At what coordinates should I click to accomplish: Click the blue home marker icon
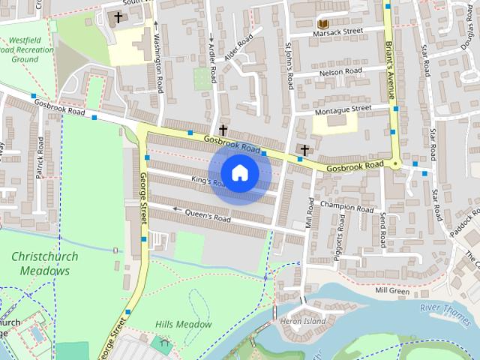point(239,173)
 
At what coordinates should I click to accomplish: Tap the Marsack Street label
point(338,31)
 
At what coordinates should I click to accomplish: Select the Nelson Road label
point(340,71)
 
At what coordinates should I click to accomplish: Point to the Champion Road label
point(346,205)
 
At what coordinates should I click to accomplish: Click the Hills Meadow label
point(183,324)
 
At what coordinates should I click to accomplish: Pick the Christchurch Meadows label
point(44,263)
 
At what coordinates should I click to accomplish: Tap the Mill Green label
point(391,290)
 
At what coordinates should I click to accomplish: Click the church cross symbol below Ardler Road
point(223,130)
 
